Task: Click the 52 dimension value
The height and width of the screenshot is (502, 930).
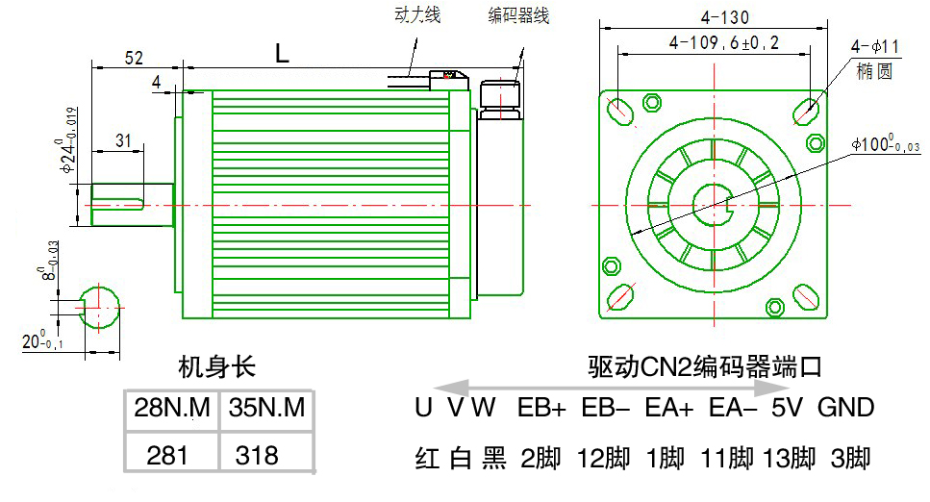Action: (x=134, y=58)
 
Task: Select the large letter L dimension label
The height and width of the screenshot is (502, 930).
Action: (x=281, y=55)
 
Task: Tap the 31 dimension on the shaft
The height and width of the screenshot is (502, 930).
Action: (x=122, y=140)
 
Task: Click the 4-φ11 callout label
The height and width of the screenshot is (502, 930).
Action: (x=874, y=46)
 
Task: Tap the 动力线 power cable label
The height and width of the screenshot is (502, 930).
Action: (x=417, y=15)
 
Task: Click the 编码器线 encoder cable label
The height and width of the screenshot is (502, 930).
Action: (x=517, y=15)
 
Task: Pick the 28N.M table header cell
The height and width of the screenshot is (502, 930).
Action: (x=172, y=409)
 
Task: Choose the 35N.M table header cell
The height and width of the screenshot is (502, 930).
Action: (x=267, y=409)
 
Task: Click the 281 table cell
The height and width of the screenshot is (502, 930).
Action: (x=172, y=454)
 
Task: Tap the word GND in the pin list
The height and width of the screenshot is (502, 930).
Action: (x=845, y=408)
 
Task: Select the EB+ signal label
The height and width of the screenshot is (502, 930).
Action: (x=541, y=408)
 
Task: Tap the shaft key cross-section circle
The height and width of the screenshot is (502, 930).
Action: (x=98, y=307)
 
